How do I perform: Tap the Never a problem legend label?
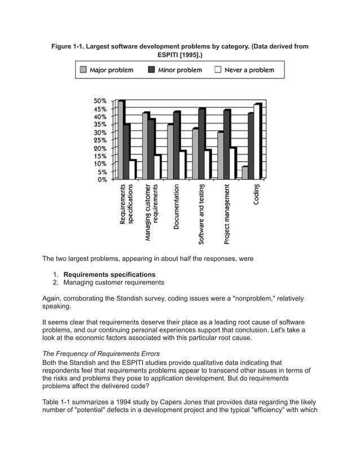[249, 71]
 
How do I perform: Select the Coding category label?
[257, 195]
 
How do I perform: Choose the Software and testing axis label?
[201, 214]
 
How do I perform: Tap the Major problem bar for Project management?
[220, 156]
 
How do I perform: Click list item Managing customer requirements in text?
[113, 282]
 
